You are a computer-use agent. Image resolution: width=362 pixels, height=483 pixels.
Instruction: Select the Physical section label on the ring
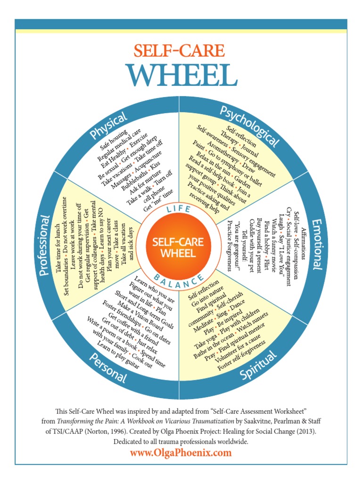[x=109, y=126]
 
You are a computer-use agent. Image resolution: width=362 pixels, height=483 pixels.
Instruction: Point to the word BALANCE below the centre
[x=181, y=282]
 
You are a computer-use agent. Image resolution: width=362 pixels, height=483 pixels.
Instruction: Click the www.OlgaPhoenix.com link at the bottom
[x=181, y=453]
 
